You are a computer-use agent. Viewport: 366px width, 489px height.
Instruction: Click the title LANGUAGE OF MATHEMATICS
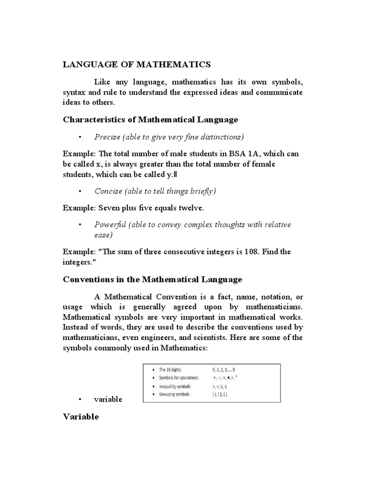coord(137,64)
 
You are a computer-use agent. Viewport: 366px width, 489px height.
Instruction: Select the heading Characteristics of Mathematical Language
coord(151,119)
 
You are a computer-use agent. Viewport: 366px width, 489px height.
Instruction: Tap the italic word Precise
coord(107,137)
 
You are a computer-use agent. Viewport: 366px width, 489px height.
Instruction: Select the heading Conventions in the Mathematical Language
coord(152,279)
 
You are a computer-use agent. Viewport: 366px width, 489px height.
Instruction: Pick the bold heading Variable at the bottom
coord(81,417)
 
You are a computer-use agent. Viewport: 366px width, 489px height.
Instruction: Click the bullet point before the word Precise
coord(81,138)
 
